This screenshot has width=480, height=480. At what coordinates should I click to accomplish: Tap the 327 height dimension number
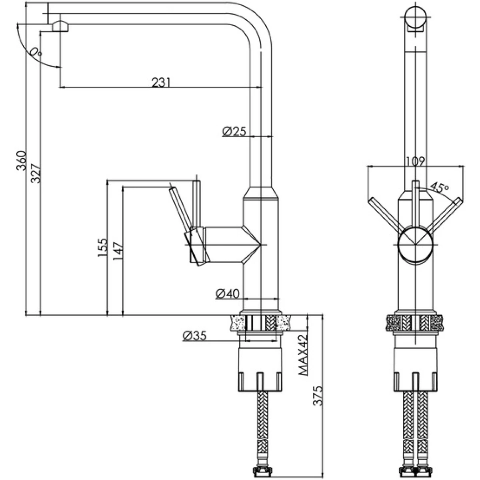(x=36, y=173)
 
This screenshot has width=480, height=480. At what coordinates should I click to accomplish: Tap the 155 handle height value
(x=103, y=248)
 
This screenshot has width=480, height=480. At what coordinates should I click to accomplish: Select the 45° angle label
(x=440, y=188)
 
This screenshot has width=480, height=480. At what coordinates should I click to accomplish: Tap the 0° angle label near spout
(x=36, y=52)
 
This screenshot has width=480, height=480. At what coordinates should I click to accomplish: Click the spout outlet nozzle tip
(x=60, y=26)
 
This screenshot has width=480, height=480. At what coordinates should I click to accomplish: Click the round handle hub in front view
(x=416, y=244)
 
